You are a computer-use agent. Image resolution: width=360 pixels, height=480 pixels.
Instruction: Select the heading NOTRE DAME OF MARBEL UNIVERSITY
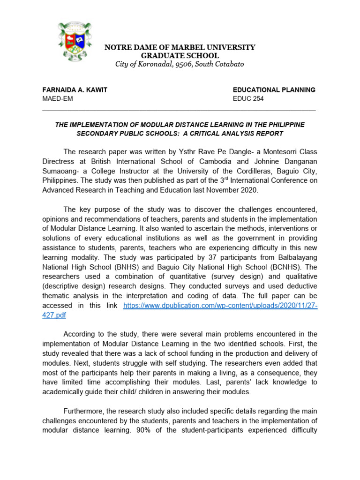click(180, 47)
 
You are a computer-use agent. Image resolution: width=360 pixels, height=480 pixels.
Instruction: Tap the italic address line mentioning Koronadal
click(180, 64)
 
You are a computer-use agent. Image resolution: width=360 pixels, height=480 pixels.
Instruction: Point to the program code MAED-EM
click(58, 99)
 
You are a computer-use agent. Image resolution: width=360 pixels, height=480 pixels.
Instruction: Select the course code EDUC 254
click(248, 99)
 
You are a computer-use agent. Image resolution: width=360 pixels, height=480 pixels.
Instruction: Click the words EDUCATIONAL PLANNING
click(274, 90)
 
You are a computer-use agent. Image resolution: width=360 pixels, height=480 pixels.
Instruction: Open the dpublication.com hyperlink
click(220, 306)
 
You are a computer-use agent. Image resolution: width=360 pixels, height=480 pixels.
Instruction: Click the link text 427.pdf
click(54, 315)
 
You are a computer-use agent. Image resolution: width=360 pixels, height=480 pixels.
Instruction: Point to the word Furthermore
click(87, 411)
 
